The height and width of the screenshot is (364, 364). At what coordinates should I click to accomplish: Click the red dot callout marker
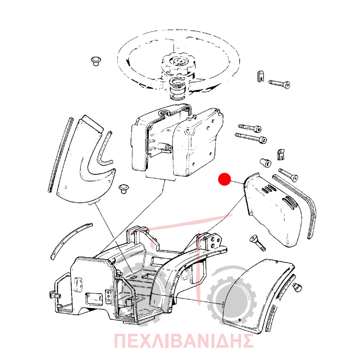tap(225, 179)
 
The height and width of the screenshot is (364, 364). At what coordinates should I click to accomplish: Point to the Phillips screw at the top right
tap(280, 84)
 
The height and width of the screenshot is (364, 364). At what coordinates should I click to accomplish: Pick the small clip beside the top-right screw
tap(261, 76)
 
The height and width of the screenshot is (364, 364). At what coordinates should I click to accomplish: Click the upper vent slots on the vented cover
tap(269, 188)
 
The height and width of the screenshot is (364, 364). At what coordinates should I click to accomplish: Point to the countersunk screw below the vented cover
tap(257, 243)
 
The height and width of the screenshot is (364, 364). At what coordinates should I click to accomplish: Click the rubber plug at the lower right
tap(297, 288)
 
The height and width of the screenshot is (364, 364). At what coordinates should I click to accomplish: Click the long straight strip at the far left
tap(60, 155)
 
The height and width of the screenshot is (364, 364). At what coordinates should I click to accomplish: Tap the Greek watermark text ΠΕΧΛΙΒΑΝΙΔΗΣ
tap(183, 341)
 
